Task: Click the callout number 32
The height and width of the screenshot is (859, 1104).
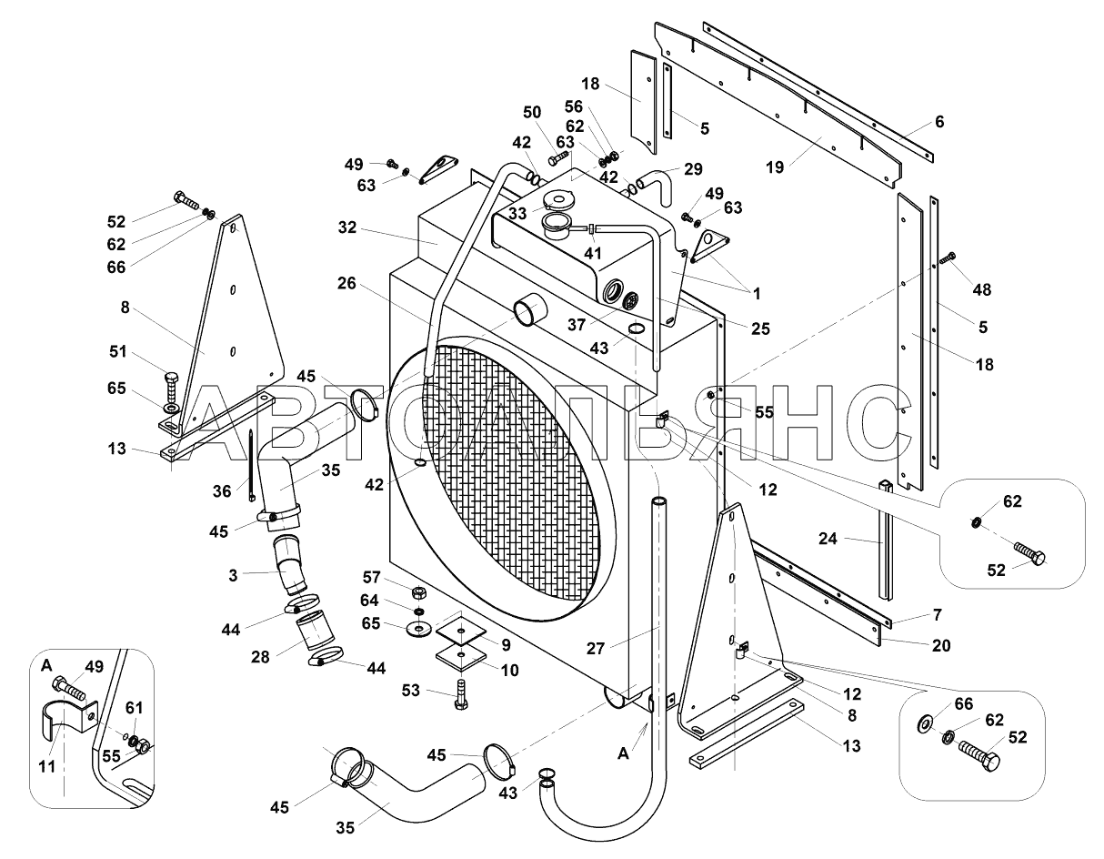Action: click(x=347, y=227)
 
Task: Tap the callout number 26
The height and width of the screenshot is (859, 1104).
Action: click(x=346, y=283)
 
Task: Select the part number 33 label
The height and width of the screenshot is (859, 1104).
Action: click(x=517, y=214)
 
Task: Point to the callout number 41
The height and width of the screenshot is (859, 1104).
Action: click(x=592, y=253)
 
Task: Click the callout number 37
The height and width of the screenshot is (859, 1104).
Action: click(x=577, y=324)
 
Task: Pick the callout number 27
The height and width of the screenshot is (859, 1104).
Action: click(x=596, y=648)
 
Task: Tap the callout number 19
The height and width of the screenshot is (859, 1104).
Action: click(x=775, y=167)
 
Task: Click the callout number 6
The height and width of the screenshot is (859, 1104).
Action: click(x=939, y=122)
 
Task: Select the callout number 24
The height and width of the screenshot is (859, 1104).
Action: click(x=828, y=539)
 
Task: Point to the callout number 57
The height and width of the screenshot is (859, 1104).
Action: click(x=371, y=577)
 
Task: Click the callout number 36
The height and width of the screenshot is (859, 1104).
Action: click(x=222, y=491)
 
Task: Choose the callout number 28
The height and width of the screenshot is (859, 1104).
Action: click(x=260, y=657)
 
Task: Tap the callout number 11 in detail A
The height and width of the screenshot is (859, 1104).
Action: click(x=47, y=766)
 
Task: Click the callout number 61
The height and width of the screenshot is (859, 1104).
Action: click(x=134, y=708)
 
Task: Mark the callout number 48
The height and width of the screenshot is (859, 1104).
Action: click(x=981, y=289)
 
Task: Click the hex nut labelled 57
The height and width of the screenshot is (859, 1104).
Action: click(x=418, y=592)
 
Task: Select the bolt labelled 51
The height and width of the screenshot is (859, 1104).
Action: click(x=172, y=387)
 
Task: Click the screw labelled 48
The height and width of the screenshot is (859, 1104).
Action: click(x=948, y=258)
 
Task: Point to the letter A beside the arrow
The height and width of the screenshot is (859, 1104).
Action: click(x=623, y=754)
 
